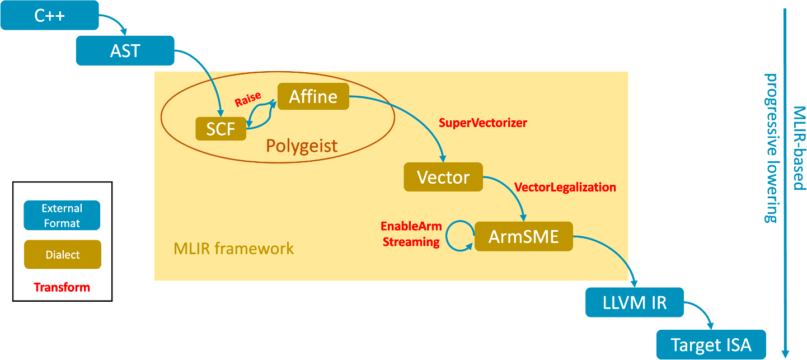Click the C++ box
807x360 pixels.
tap(50, 15)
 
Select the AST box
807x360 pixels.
tap(125, 51)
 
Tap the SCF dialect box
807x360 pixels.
tap(220, 129)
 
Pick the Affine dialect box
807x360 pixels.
tap(313, 97)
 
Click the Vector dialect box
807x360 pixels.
tap(443, 177)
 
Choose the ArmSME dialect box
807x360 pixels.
tap(523, 236)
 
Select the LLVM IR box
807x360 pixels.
tap(635, 303)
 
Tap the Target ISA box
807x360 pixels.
tap(711, 344)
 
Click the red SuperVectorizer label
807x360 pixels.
tap(483, 123)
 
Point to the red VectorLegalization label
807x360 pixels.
tap(565, 187)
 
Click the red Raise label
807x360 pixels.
tap(247, 100)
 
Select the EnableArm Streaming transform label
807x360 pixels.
tap(411, 234)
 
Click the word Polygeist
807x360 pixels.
tap(302, 146)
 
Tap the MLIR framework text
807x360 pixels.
tap(233, 248)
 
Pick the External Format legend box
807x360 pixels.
tap(62, 216)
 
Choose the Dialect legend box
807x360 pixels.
tap(62, 255)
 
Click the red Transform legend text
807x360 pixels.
tap(62, 287)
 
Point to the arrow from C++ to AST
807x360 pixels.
tap(115, 22)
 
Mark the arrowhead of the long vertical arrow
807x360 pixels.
tap(785, 353)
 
